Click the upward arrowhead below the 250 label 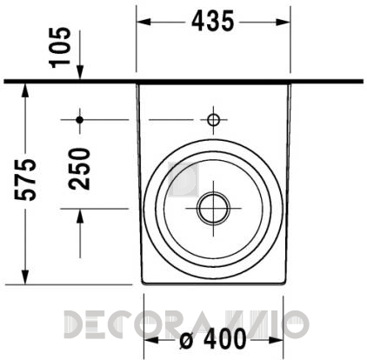pos(79,216)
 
